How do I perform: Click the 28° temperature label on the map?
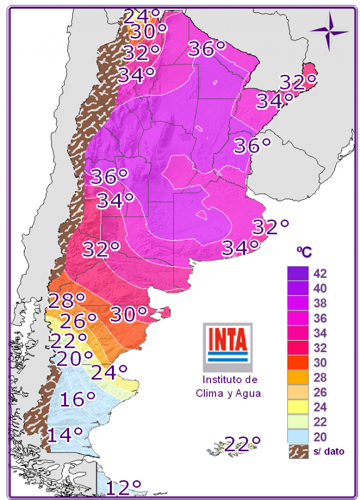(x=66, y=301)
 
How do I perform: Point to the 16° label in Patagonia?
(x=78, y=399)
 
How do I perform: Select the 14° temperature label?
(x=65, y=435)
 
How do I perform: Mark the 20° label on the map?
(x=74, y=359)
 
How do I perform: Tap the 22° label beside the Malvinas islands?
(x=242, y=444)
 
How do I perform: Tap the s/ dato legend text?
(x=328, y=451)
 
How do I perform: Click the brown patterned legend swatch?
(x=298, y=451)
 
